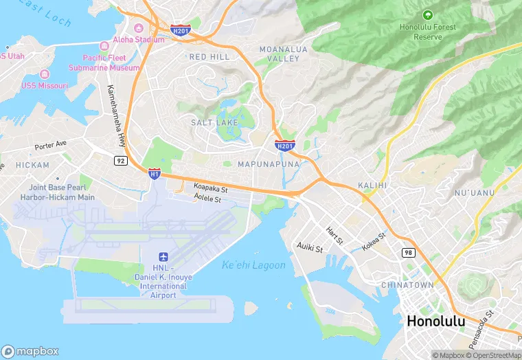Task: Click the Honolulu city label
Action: pos(435,321)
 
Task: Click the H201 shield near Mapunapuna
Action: pos(284,145)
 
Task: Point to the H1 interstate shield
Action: pos(155,175)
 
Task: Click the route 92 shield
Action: pos(120,159)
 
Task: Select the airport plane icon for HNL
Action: pos(163,256)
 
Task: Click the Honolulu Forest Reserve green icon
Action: pos(428,14)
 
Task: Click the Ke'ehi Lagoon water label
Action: pos(253,265)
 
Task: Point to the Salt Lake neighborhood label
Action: pos(214,122)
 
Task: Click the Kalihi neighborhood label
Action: pos(373,185)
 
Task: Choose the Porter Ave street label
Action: pos(52,146)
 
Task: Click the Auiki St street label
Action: pos(309,246)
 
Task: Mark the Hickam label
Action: pos(32,166)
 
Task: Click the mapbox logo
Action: pos(31,350)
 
